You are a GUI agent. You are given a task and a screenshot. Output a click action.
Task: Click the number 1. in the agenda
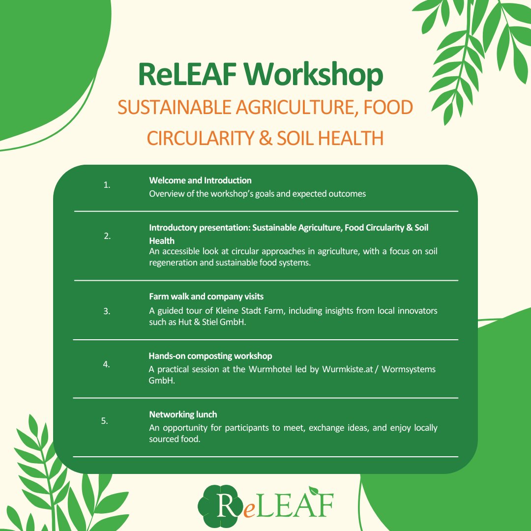[107, 185]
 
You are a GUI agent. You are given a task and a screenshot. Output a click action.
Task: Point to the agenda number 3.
[107, 311]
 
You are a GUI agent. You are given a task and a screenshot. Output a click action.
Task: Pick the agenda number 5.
[104, 421]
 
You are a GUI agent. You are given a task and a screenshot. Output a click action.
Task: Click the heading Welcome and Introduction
[200, 180]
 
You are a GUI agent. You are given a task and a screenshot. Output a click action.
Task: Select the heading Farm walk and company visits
[206, 296]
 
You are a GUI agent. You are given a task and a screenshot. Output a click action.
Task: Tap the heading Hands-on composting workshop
[210, 356]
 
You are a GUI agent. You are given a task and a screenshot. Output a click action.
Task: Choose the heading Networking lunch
[183, 414]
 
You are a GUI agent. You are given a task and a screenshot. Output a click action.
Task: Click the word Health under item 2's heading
[162, 241]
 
